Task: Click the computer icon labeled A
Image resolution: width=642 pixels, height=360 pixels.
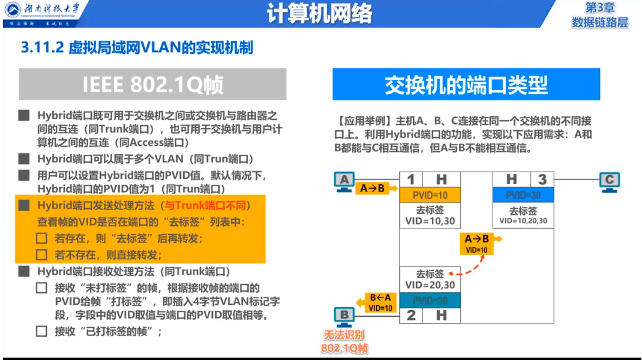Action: click(344, 182)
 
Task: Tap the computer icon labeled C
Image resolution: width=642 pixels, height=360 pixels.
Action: click(610, 182)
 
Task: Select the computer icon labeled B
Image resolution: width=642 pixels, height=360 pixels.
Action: click(344, 316)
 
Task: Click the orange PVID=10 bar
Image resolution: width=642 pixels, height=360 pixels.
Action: click(430, 195)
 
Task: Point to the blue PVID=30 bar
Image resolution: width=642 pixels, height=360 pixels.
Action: click(523, 195)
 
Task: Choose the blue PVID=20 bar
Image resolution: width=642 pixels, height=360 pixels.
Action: click(430, 300)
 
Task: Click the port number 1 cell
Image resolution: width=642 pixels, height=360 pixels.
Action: click(411, 179)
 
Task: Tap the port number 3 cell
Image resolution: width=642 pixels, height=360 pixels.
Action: click(542, 179)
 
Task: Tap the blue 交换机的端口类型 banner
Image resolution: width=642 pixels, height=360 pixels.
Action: click(466, 85)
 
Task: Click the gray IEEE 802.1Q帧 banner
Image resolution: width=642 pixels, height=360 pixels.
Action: click(152, 85)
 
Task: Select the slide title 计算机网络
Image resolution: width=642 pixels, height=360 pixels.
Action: click(320, 13)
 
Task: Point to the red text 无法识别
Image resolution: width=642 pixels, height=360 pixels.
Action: click(344, 336)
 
